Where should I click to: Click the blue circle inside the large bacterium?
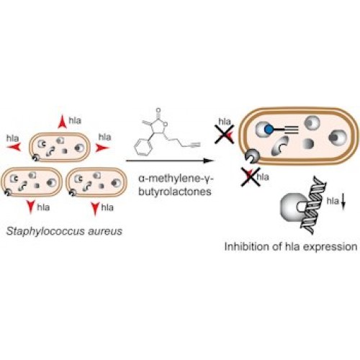(x=269, y=130)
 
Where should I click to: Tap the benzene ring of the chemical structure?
(x=142, y=147)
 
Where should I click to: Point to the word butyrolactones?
(x=175, y=192)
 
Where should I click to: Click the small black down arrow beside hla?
(x=343, y=204)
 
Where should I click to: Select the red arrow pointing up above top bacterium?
(x=62, y=122)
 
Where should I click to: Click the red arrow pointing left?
(x=14, y=147)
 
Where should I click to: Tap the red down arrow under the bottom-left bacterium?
(x=31, y=207)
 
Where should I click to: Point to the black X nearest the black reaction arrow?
(x=225, y=135)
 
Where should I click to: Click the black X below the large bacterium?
(x=251, y=177)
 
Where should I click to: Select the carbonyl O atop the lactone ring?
(x=158, y=111)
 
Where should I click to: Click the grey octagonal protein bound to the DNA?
(x=294, y=207)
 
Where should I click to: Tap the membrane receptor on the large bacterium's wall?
(x=252, y=156)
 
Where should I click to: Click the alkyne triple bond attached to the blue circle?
(x=291, y=130)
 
